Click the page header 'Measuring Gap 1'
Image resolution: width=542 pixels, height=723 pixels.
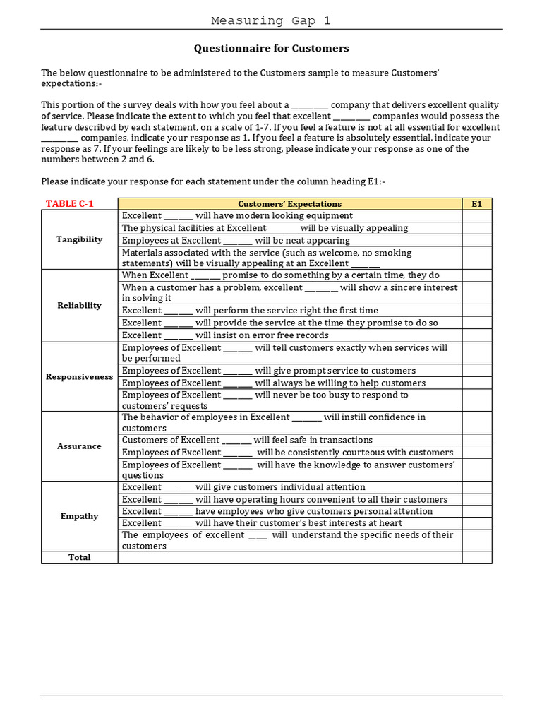tap(271, 20)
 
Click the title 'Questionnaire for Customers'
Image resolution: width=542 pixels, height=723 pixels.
tap(271, 49)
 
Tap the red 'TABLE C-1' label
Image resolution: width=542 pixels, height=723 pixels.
tap(69, 204)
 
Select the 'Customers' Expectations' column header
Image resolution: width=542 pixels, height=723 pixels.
tap(289, 204)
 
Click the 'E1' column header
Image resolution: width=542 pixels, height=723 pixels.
tap(476, 204)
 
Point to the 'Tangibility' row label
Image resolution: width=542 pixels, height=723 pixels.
tap(79, 239)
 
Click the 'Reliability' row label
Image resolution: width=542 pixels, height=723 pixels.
tap(79, 306)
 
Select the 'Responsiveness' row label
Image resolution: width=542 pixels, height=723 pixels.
tap(79, 377)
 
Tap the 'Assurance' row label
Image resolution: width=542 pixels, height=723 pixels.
tap(79, 446)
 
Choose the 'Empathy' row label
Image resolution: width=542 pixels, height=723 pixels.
tap(79, 516)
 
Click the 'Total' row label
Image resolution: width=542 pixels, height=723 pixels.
tap(79, 558)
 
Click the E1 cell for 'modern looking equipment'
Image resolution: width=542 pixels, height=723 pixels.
tap(476, 216)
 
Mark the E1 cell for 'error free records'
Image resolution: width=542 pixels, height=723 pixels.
tap(476, 335)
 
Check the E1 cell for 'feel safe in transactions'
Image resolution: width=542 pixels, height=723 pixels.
tap(476, 440)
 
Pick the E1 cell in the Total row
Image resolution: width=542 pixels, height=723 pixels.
tap(476, 558)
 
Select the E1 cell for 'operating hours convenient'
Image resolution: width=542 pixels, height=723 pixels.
tap(476, 499)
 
